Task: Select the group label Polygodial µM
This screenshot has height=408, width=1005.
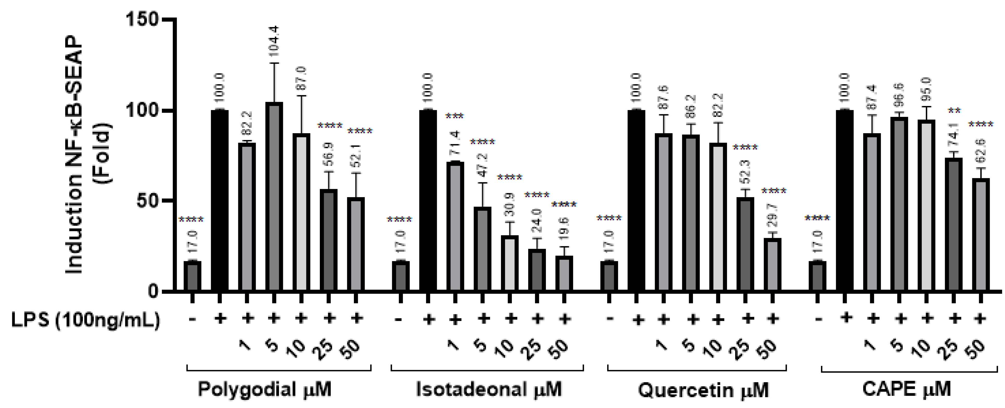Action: tap(265, 390)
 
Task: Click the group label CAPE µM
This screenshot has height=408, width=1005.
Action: tap(907, 390)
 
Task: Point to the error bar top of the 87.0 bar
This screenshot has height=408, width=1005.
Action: tap(302, 96)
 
